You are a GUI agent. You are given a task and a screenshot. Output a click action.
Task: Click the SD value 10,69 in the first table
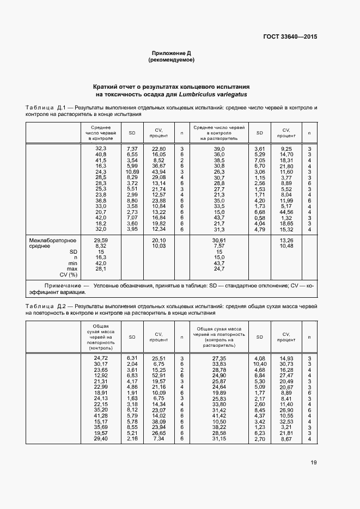(132, 172)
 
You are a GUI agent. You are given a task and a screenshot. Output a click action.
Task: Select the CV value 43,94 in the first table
(158, 172)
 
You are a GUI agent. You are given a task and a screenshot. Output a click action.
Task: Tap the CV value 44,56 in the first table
(286, 212)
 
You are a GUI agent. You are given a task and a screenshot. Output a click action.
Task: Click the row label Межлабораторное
(52, 240)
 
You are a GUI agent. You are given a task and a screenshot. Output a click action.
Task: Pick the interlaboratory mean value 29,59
(101, 240)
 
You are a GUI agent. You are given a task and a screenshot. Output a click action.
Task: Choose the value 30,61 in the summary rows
(219, 240)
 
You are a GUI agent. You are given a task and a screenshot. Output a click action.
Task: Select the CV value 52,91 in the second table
(158, 376)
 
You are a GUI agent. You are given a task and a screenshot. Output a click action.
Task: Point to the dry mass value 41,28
(101, 416)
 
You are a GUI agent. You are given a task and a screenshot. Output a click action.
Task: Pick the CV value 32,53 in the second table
(286, 421)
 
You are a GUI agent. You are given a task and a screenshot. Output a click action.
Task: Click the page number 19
(313, 463)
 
